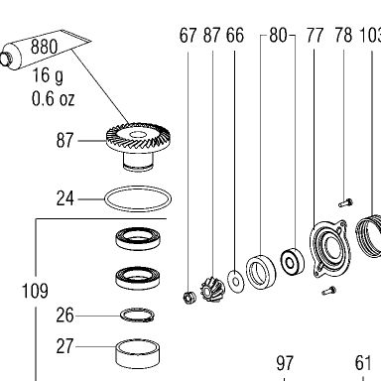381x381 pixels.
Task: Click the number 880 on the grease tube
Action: pos(44,47)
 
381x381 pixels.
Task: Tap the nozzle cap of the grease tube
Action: pos(6,59)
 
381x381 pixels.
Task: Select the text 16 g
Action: pos(48,76)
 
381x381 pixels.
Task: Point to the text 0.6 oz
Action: pos(53,98)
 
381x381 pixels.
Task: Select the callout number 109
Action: pos(35,291)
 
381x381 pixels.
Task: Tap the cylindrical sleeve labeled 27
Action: pos(138,354)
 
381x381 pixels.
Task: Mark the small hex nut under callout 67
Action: pos(190,297)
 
